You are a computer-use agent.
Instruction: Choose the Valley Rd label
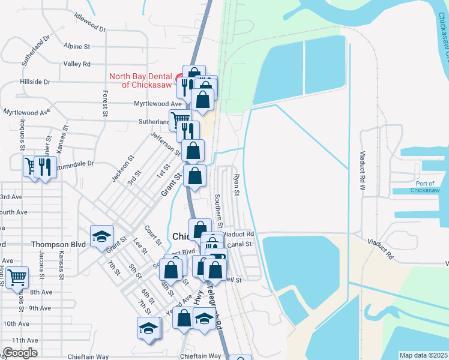pos(77,64)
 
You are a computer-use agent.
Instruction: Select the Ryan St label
pos(236,185)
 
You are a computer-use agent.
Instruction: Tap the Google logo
pos(20,353)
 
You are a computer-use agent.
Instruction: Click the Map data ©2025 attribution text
pos(423,355)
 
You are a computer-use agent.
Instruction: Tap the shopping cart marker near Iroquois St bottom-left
pos(17,278)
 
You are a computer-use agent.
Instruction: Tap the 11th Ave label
pos(25,340)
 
